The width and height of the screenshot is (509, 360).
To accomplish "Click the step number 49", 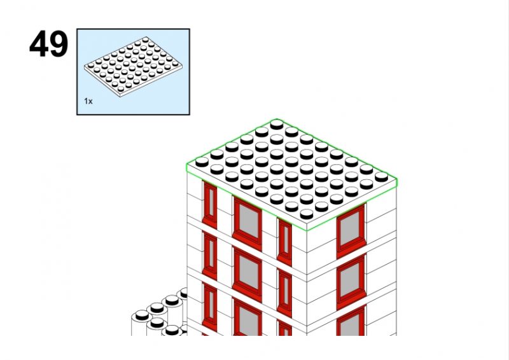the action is coord(49,44).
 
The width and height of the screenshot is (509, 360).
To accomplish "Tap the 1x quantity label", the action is coord(88,101).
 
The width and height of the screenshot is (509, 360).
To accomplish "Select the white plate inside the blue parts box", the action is coord(133,67).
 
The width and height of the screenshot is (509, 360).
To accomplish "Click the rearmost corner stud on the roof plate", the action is coord(277,124).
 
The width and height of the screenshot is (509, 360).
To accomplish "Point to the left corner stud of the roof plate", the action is coord(202,162).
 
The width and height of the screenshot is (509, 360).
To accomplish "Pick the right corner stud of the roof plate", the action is coord(381,177).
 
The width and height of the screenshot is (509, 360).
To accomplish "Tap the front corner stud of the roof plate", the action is coord(307,214).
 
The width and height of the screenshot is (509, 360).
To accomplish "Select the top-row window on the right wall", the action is coord(351,230).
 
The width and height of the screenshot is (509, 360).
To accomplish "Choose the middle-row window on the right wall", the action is coord(351,281).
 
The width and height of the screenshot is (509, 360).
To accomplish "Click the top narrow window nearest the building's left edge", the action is coord(210,205).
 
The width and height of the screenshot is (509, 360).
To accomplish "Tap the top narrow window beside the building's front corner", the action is coord(284,242).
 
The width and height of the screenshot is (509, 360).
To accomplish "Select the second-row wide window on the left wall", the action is coord(247,273).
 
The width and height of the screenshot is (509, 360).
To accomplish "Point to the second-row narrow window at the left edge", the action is coord(210,256).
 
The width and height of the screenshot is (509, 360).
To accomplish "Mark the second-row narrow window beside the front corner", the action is coord(284,293).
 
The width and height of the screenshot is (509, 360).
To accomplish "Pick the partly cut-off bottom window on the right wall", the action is coord(351,321).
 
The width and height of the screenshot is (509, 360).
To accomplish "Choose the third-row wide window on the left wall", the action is coord(247,317).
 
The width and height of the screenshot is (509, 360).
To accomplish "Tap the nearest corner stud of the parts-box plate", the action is coord(121,88).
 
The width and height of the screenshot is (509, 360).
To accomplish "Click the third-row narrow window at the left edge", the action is coord(210,307).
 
